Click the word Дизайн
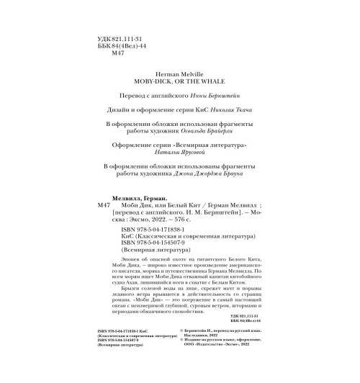pos(115,110)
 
